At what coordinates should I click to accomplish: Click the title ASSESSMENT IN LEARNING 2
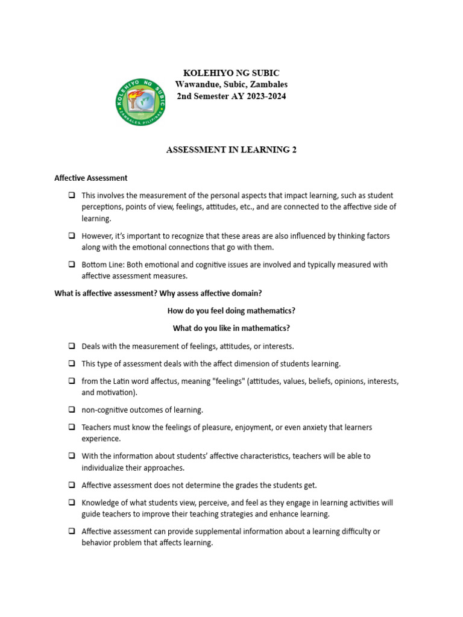(x=231, y=150)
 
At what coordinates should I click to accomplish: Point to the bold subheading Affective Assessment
(x=91, y=178)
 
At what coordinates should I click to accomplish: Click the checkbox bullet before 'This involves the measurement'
(x=72, y=196)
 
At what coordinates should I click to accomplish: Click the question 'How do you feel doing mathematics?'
(x=231, y=311)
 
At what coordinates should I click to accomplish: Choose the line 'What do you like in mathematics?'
(x=231, y=328)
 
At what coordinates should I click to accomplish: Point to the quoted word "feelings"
(x=224, y=381)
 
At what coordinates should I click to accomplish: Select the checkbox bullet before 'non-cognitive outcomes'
(x=72, y=410)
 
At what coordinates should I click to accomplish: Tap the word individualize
(x=104, y=468)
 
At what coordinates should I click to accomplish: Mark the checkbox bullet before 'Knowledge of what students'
(x=72, y=503)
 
